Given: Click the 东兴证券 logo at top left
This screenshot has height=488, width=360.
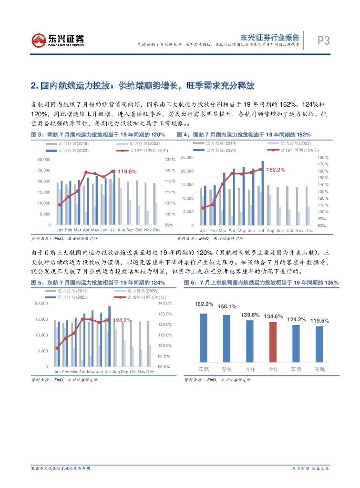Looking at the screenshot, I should point(58,40).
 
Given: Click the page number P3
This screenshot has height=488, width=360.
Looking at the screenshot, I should point(324,41).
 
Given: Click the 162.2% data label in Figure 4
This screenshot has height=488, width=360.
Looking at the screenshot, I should point(276,170).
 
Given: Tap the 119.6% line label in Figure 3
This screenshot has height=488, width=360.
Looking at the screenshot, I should point(127,172).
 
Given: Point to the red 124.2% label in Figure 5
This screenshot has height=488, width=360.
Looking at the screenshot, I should point(122,320).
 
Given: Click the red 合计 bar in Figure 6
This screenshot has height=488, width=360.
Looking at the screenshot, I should point(273,342).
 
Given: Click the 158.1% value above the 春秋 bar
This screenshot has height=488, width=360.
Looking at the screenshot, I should point(226,306).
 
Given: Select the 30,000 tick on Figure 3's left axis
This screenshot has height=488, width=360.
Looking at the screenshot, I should point(43,159).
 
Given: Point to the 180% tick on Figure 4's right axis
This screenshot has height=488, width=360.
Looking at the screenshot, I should point(322,157).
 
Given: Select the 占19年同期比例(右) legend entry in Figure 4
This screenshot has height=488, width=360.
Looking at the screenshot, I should point(299,150).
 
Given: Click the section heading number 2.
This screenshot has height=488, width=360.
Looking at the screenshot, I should point(34,86).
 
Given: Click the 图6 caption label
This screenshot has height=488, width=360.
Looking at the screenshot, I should point(190,283).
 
